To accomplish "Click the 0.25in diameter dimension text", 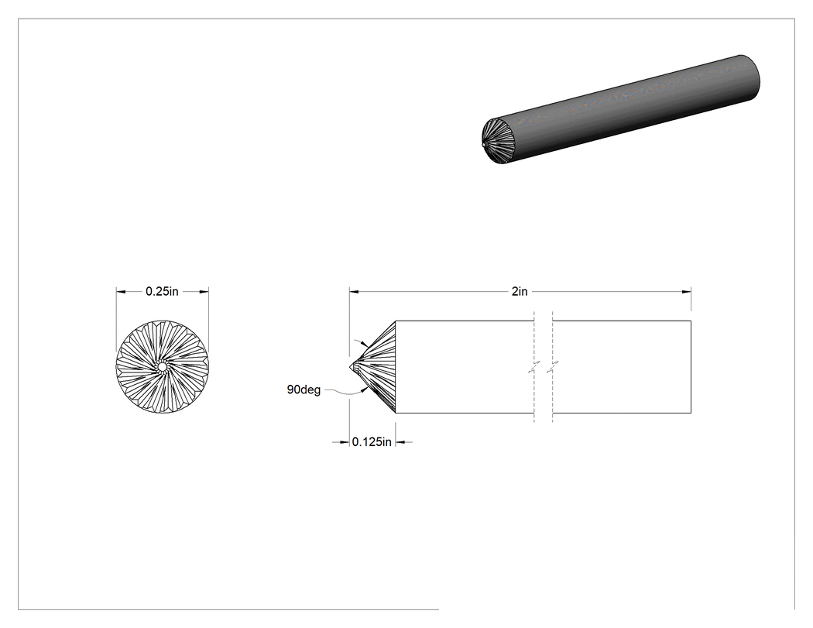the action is pyautogui.click(x=162, y=291).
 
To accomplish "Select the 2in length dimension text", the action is pyautogui.click(x=520, y=291).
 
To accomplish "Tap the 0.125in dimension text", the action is pyautogui.click(x=372, y=442).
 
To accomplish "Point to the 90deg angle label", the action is pyautogui.click(x=304, y=389).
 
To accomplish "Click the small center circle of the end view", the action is pyautogui.click(x=162, y=367).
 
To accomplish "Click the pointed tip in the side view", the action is pyautogui.click(x=350, y=366).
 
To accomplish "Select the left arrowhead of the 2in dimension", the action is pyautogui.click(x=354, y=291).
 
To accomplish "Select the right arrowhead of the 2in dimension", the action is pyautogui.click(x=687, y=291).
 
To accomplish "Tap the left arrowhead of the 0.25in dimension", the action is pyautogui.click(x=121, y=291).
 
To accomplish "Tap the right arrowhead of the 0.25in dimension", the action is pyautogui.click(x=204, y=291).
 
